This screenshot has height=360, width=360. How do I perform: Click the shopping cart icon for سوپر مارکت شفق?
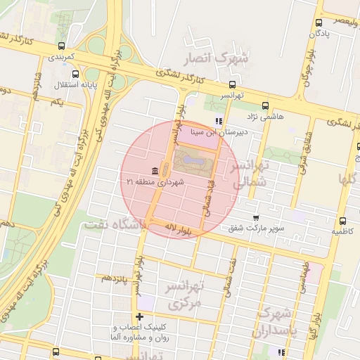pyautogui.click(x=255, y=218)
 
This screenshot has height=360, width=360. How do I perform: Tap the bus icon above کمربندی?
pyautogui.click(x=61, y=46)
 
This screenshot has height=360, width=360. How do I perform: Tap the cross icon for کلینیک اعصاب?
pyautogui.click(x=139, y=316)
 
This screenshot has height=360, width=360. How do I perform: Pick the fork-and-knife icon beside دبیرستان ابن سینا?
pyautogui.click(x=219, y=121)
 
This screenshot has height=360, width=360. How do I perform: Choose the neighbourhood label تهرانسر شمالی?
pyautogui.click(x=250, y=173)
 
